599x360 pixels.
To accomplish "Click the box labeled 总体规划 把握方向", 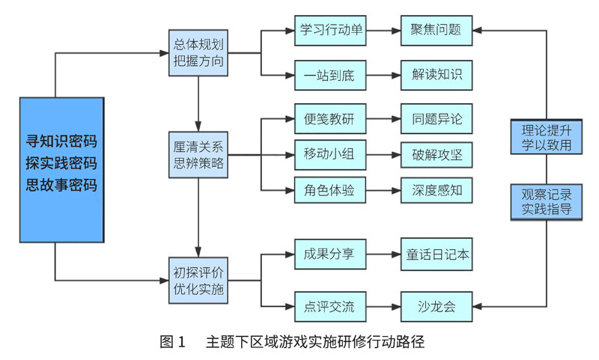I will (x=198, y=52).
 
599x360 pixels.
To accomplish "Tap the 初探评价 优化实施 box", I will (x=198, y=277).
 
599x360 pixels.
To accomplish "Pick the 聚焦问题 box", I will (x=437, y=31).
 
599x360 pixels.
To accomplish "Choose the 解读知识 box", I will (x=437, y=75).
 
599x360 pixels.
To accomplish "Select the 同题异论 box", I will (x=437, y=118).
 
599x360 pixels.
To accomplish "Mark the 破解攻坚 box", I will (x=437, y=155).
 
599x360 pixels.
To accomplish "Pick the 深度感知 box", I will (x=437, y=191).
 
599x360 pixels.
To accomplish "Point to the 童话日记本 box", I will (x=437, y=254).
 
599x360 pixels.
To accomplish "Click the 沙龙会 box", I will (x=437, y=306).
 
